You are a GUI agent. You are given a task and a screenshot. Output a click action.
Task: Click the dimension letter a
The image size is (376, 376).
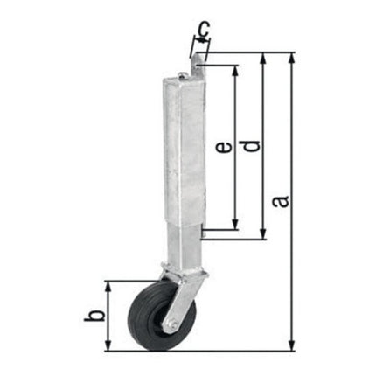click(282, 201)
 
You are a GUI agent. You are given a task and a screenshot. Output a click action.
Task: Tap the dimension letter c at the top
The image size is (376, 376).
click(203, 32)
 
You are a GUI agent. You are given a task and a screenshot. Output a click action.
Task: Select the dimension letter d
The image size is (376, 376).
click(253, 147)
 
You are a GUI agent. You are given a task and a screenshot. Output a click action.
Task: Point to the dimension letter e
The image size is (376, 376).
click(224, 149)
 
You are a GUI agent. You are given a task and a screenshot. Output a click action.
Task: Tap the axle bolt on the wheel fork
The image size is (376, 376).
click(175, 326)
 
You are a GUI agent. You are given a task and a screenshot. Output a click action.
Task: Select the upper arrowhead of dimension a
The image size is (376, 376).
click(291, 55)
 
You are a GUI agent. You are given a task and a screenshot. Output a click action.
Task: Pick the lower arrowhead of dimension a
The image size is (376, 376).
click(291, 348)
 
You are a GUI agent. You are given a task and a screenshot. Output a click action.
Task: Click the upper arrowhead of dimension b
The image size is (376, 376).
click(108, 284)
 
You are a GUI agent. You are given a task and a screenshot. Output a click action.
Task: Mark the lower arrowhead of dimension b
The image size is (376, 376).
click(108, 348)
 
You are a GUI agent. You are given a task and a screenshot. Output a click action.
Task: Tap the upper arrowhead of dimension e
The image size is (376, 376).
click(234, 67)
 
